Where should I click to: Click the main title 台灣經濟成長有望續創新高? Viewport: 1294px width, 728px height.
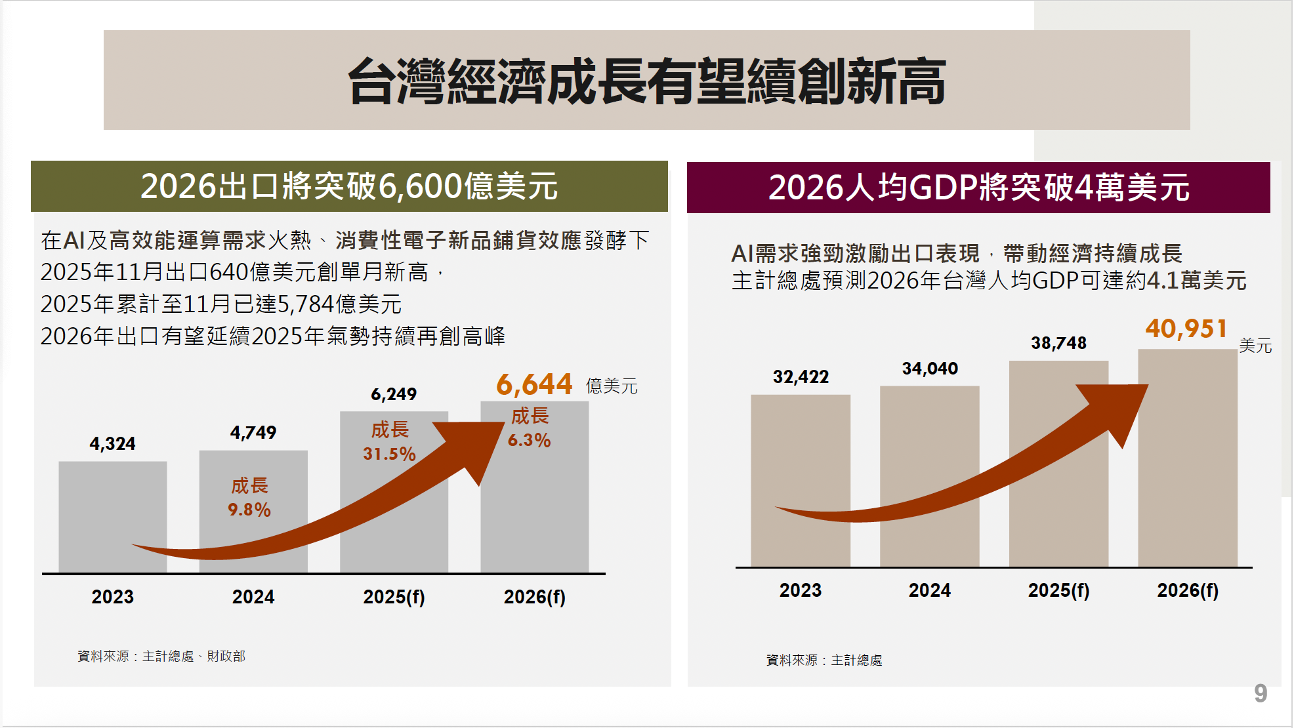pyautogui.click(x=646, y=81)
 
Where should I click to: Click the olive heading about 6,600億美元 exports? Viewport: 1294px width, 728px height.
pyautogui.click(x=349, y=186)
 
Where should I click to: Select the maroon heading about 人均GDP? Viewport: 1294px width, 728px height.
pyautogui.click(x=978, y=188)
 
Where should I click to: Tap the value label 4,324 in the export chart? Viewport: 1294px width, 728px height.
pyautogui.click(x=112, y=444)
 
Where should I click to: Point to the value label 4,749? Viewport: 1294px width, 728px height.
pyautogui.click(x=253, y=433)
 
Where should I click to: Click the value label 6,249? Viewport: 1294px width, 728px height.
pyautogui.click(x=394, y=394)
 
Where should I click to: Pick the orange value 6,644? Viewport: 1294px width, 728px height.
pyautogui.click(x=534, y=385)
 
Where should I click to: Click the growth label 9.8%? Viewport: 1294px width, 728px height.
pyautogui.click(x=249, y=510)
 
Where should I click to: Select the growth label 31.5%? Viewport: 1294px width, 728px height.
pyautogui.click(x=389, y=454)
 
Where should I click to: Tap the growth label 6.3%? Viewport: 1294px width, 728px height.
pyautogui.click(x=529, y=440)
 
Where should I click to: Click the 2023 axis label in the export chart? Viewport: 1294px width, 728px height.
pyautogui.click(x=112, y=597)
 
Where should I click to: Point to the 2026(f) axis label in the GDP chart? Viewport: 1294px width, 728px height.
pyautogui.click(x=1187, y=590)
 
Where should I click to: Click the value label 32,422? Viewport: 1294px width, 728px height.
pyautogui.click(x=801, y=377)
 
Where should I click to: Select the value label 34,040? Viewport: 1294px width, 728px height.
pyautogui.click(x=930, y=369)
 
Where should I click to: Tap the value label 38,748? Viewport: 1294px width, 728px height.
pyautogui.click(x=1058, y=343)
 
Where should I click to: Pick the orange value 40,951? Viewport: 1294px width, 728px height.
pyautogui.click(x=1186, y=329)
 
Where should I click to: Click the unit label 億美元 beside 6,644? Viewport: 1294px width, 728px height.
pyautogui.click(x=612, y=386)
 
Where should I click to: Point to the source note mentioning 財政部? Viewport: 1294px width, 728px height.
pyautogui.click(x=161, y=657)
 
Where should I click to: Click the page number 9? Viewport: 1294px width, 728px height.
pyautogui.click(x=1261, y=693)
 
